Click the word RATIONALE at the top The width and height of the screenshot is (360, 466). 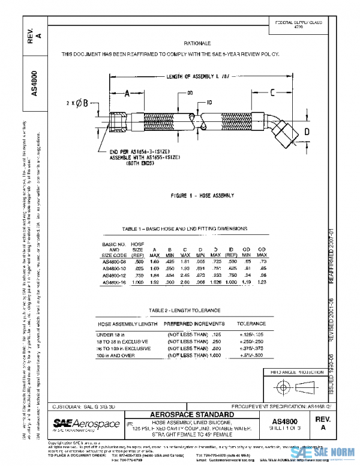(x=198, y=44)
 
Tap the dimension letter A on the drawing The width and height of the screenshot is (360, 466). (x=127, y=94)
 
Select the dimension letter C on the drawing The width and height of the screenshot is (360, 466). (x=272, y=92)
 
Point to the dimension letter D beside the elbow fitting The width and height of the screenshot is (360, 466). (x=306, y=131)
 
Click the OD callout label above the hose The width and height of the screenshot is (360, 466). (x=190, y=94)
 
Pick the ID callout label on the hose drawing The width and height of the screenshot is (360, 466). (x=209, y=103)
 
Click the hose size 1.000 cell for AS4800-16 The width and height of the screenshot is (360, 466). (x=137, y=281)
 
